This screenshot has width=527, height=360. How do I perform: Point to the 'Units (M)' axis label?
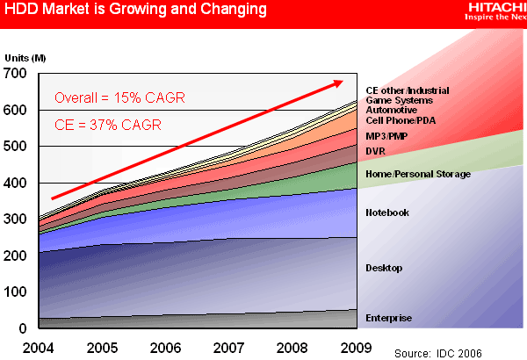(24, 57)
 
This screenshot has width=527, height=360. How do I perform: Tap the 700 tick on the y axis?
(16, 73)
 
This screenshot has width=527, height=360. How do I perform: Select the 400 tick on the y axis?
(16, 183)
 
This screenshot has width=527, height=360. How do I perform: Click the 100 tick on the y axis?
(16, 292)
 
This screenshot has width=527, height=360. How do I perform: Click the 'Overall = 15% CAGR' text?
(119, 97)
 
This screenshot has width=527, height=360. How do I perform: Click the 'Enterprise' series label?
(388, 318)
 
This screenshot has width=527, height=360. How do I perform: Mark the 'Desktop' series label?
(384, 267)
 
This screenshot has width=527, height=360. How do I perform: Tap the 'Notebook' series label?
(386, 212)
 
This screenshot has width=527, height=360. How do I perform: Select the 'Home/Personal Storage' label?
(418, 174)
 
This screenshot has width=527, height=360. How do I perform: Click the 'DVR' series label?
(376, 151)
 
